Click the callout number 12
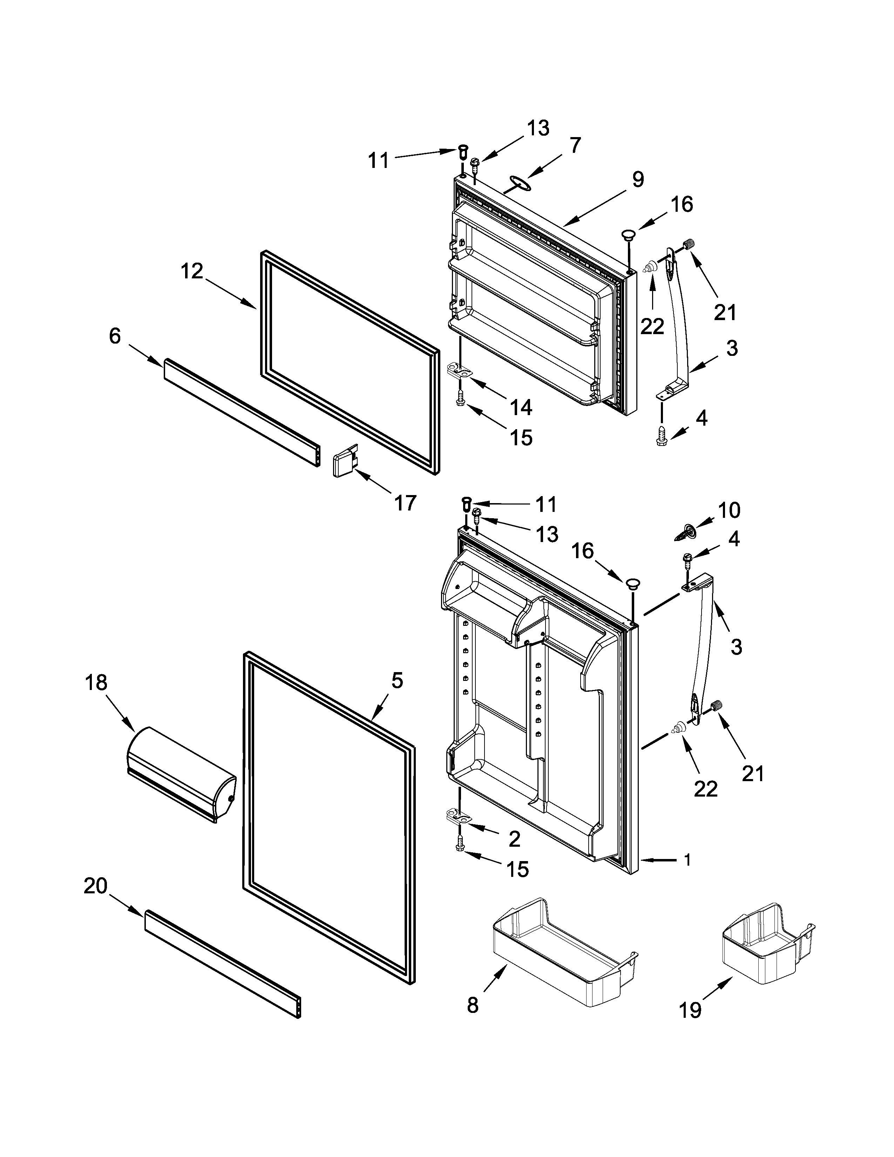192,271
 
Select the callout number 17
405,502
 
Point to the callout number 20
95,885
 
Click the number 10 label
729,510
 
